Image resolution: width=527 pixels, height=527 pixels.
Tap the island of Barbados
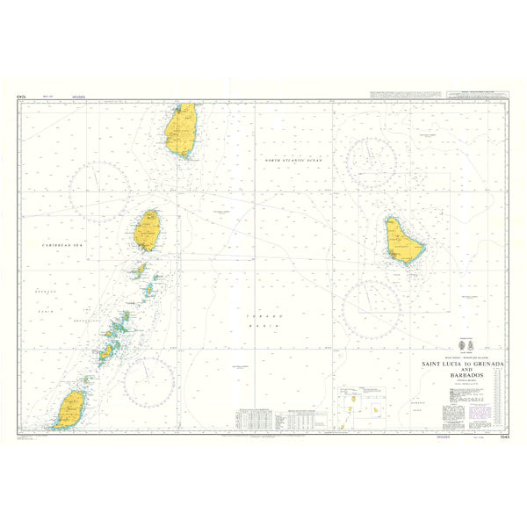(x=403, y=241)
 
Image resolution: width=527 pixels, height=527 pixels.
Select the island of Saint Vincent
(x=148, y=231)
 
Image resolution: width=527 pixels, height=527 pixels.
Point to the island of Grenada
(x=71, y=409)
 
